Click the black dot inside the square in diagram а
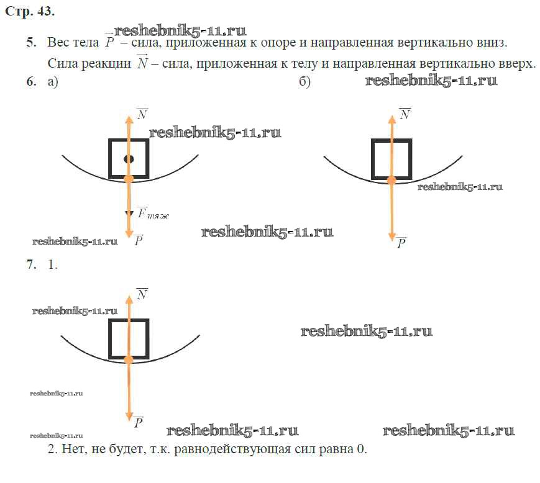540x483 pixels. coord(129,160)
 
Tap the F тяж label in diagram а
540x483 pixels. coord(153,214)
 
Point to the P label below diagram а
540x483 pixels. coord(139,239)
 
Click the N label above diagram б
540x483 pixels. coord(405,113)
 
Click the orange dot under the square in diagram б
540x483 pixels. coord(391,180)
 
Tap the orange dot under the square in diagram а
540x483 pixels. coord(129,179)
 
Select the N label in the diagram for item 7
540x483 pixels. coord(142,294)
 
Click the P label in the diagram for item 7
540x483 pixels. coord(139,423)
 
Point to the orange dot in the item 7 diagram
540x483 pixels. coord(129,359)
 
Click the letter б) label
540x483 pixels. coord(304,82)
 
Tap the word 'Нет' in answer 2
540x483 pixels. coord(72,449)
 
